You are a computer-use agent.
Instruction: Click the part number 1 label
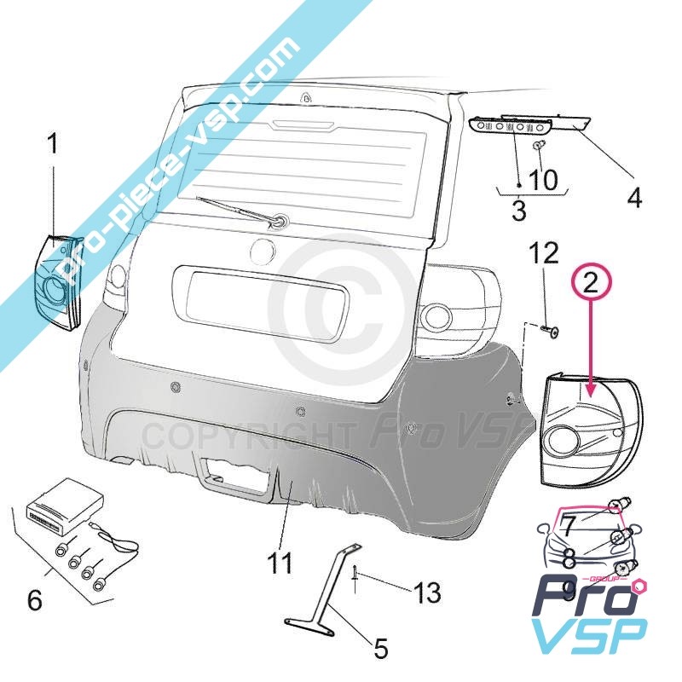pyautogui.click(x=54, y=143)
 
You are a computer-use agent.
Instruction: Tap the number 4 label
pyautogui.click(x=633, y=198)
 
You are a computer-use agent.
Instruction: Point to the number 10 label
pyautogui.click(x=543, y=180)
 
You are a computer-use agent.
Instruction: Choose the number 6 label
pyautogui.click(x=35, y=599)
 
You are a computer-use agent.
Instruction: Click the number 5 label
pyautogui.click(x=381, y=649)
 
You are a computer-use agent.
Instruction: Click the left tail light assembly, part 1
pyautogui.click(x=57, y=281)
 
